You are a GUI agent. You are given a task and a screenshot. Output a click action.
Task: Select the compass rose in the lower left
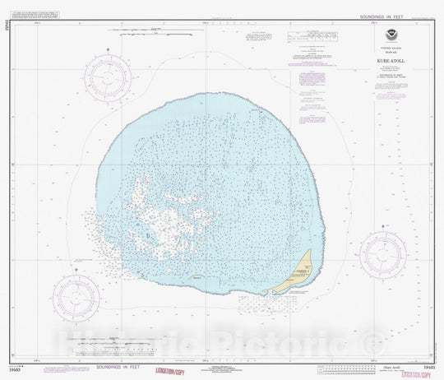click(x=76, y=295)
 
